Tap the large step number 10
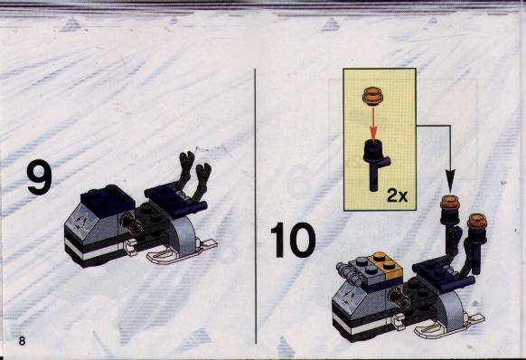click(x=293, y=240)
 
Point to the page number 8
click(x=22, y=341)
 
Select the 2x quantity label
click(x=398, y=195)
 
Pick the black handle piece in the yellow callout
click(x=376, y=165)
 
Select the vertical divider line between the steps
click(x=255, y=206)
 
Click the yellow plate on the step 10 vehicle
click(x=385, y=267)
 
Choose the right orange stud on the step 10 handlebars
click(x=478, y=221)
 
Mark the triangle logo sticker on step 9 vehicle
click(x=80, y=223)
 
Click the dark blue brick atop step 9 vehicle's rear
click(x=108, y=200)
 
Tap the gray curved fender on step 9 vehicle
click(x=183, y=236)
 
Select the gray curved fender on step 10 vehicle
click(x=452, y=311)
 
